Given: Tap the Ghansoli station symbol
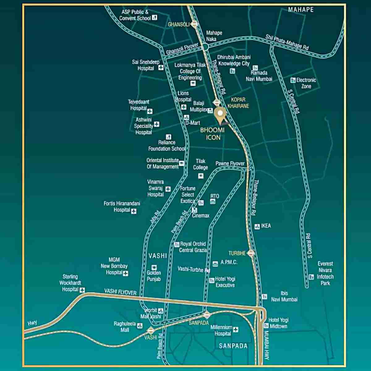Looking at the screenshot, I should pos(194,24).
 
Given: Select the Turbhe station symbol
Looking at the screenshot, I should pos(251,253).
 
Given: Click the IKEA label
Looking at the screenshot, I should pos(266,226).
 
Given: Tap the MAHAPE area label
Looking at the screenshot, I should pos(301,10).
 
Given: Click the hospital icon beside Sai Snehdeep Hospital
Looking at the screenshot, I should pos(161,68).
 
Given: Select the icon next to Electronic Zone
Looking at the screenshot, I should pos(293,80).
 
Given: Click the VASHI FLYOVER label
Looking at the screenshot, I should pos(120,292).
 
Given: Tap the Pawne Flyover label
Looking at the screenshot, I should pos(230,163).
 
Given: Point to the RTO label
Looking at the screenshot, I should pos(215,196).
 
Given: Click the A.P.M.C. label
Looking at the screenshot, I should pos(229,262).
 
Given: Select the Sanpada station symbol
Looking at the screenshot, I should pos(207,315).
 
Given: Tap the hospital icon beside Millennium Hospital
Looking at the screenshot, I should pos(236,330).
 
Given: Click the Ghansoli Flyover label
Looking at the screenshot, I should pos(182,49).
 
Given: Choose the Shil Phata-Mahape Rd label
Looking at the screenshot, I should pos(287,42).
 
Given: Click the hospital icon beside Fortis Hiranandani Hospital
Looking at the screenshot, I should pos(134,211).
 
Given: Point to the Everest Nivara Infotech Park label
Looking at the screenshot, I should pos(325,273).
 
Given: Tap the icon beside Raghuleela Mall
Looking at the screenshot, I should pos(140,326).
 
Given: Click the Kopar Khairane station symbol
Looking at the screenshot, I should pos(216,102).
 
